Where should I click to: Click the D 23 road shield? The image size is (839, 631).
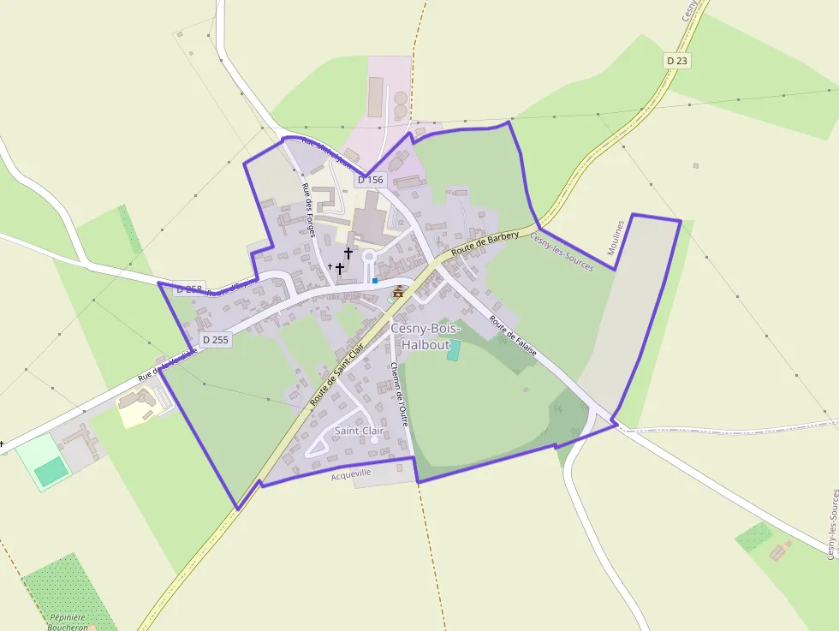[x=676, y=61]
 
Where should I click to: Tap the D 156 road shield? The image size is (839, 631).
[x=370, y=180]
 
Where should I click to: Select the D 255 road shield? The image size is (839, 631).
[x=216, y=340]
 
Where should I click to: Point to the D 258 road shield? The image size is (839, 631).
[x=189, y=289]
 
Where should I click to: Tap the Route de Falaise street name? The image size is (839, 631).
[x=513, y=337]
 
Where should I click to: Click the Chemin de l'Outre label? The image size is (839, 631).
[x=399, y=393]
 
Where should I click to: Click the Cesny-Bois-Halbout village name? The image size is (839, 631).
[x=425, y=336]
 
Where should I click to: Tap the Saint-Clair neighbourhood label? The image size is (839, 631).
[x=360, y=431]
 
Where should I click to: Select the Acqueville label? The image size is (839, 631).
[x=351, y=473]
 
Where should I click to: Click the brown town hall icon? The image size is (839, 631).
[x=398, y=292]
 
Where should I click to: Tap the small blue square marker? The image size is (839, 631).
[x=374, y=280]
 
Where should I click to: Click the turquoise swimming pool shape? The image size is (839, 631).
[x=453, y=350]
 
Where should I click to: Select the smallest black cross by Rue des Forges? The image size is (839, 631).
[x=330, y=266]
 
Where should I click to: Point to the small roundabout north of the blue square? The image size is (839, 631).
[x=369, y=256]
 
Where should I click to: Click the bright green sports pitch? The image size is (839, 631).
[x=52, y=469]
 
